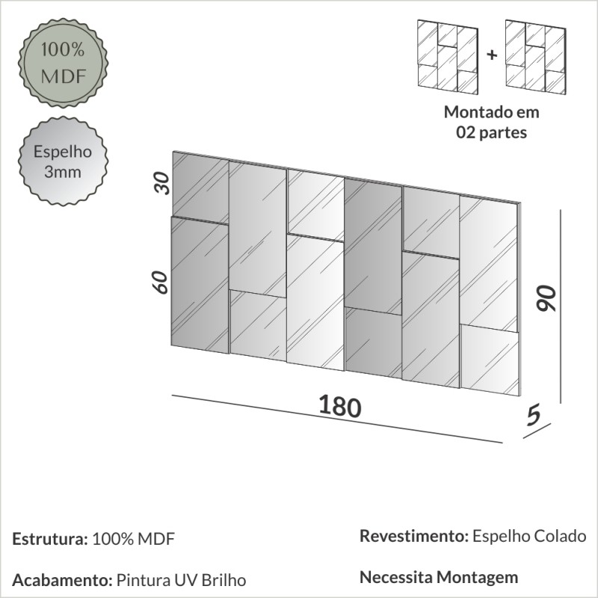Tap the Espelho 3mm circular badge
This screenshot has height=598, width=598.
coord(62,162)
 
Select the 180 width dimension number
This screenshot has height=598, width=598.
coord(340,406)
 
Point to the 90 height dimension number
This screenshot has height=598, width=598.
coord(548,299)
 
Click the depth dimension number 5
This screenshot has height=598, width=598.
coord(533,416)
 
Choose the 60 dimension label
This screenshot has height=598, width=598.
coord(159,282)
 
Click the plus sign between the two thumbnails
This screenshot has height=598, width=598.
coord(491,55)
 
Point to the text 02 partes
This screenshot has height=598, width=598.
coord(491,133)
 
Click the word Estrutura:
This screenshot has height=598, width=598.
coord(50,539)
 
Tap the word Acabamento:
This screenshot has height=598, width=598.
coord(62,580)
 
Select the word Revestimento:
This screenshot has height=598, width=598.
coord(413,536)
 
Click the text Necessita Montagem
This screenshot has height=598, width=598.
coord(439,577)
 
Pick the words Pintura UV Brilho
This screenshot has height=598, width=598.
coord(182,580)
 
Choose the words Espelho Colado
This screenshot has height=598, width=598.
coord(530,536)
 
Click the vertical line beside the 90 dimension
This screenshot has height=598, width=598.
coord(560,306)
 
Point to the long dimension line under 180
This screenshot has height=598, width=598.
coord(336,419)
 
